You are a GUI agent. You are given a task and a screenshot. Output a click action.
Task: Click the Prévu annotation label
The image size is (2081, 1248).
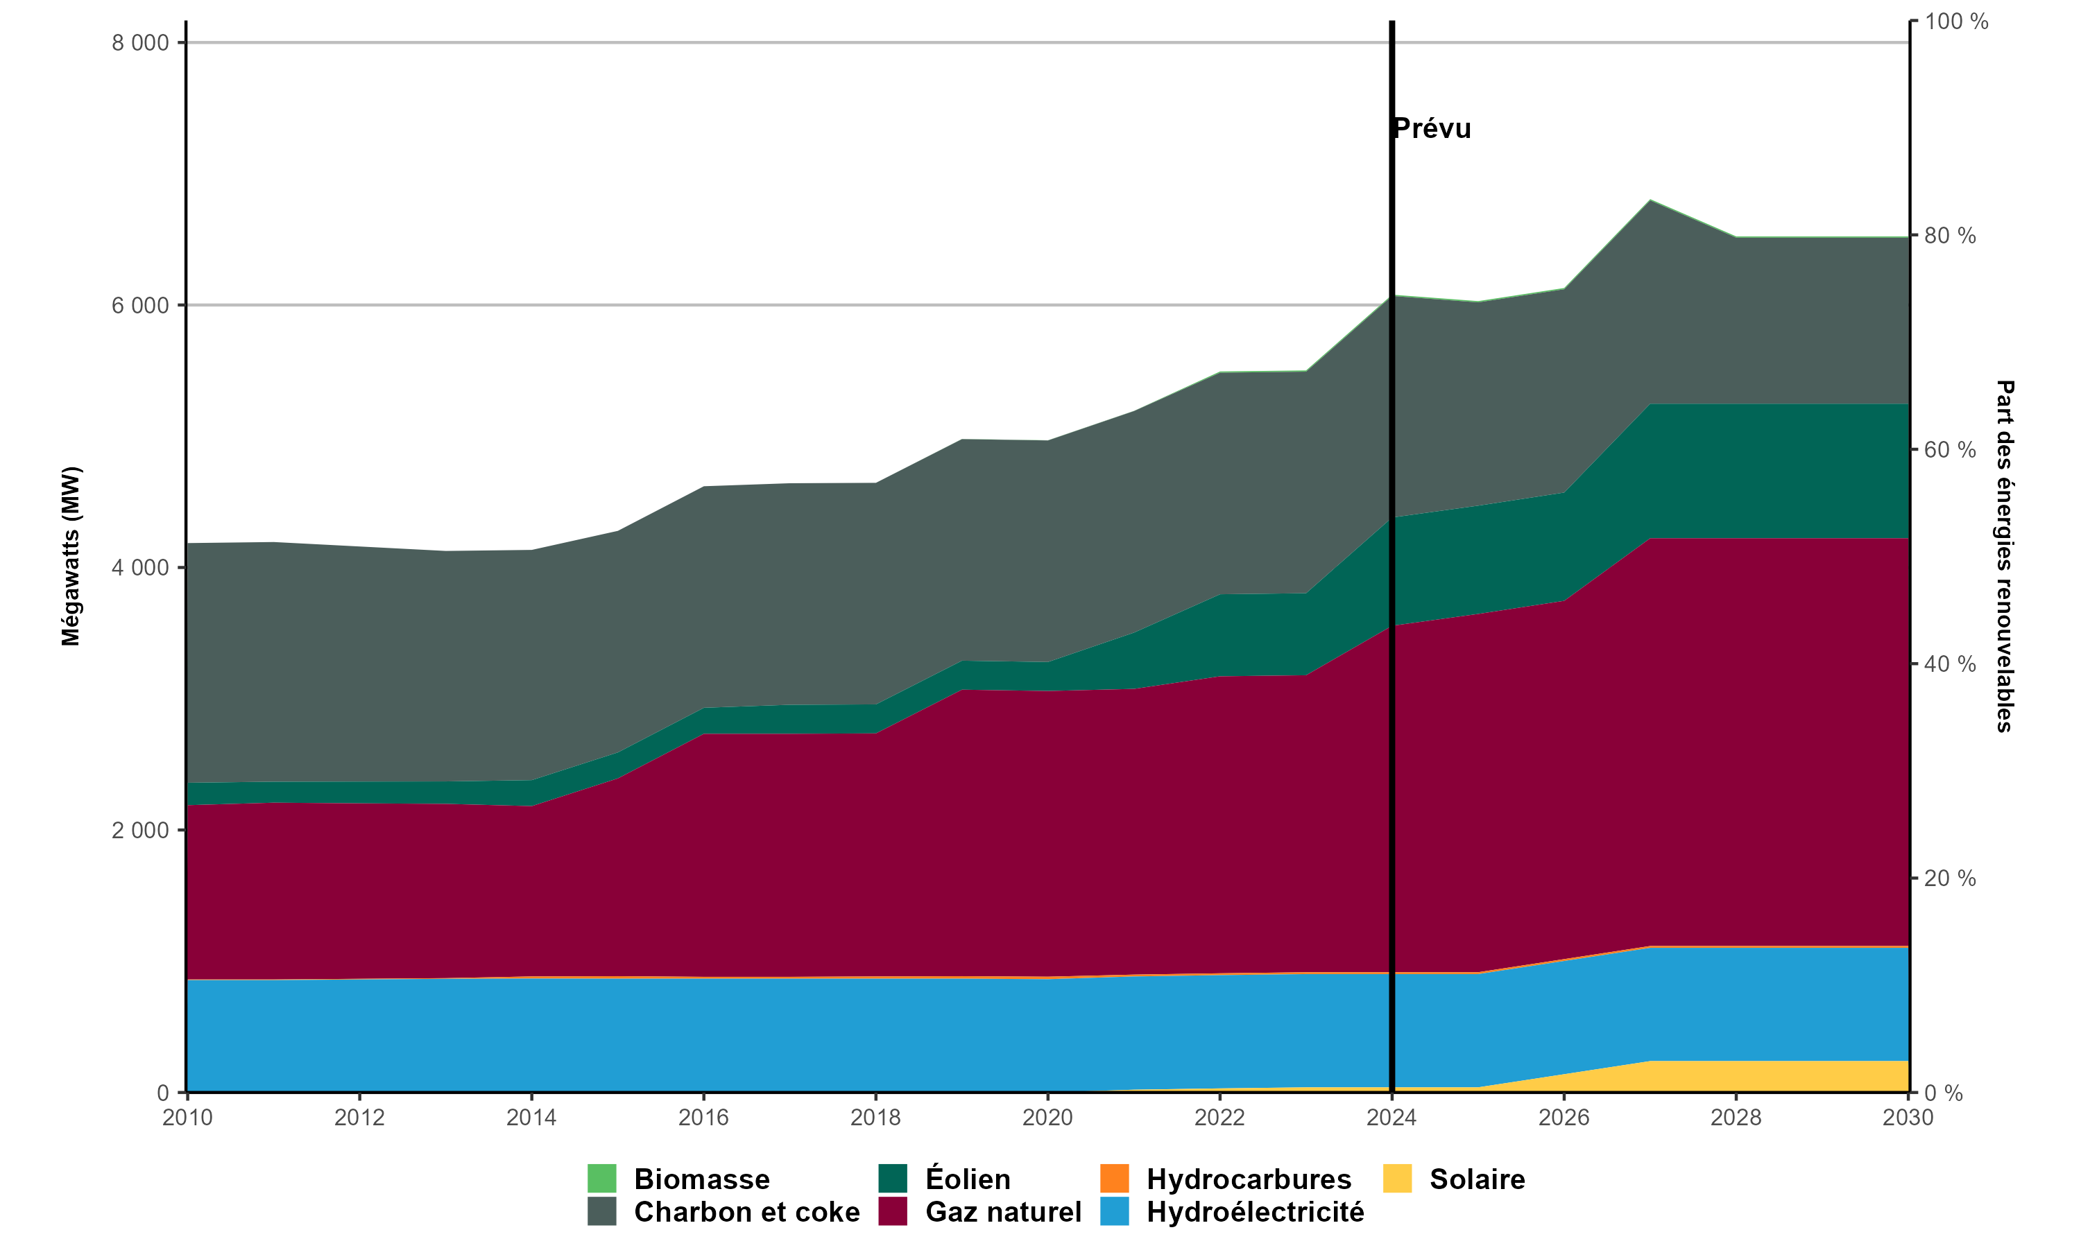(1432, 129)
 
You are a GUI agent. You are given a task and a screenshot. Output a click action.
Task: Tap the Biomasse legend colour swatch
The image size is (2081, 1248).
(601, 1178)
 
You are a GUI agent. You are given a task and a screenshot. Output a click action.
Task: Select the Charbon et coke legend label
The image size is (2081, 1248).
(746, 1212)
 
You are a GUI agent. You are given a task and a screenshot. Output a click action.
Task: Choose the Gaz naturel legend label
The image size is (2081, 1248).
(1002, 1212)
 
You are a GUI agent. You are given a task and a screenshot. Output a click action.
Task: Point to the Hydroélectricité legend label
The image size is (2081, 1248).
(1255, 1212)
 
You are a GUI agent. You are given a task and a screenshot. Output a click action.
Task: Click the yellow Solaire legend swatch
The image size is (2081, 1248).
(1397, 1178)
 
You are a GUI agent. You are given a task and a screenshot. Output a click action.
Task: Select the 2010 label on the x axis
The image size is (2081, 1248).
(187, 1118)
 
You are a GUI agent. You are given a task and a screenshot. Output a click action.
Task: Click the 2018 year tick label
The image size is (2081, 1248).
(875, 1118)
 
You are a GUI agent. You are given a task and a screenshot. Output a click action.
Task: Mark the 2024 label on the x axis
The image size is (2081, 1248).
(1392, 1118)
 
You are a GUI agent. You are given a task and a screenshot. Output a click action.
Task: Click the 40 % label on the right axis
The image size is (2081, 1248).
(1950, 664)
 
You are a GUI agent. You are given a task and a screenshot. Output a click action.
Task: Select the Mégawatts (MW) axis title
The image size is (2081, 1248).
(71, 557)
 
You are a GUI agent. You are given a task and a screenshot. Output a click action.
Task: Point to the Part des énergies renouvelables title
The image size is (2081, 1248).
(2005, 557)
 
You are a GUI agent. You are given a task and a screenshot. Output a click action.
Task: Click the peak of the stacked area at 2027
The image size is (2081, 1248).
(1650, 201)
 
